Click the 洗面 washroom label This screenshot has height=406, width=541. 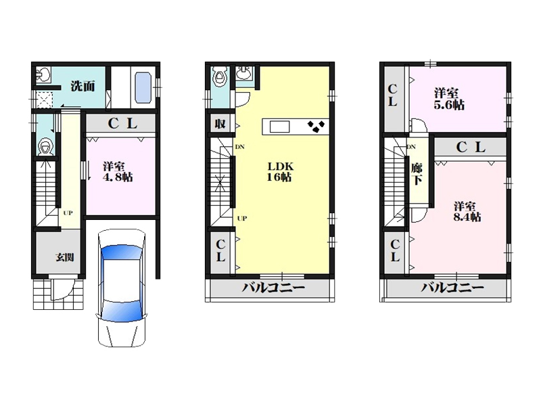(x=83, y=86)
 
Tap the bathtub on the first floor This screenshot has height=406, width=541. (x=143, y=87)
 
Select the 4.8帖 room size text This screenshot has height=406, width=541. (x=118, y=177)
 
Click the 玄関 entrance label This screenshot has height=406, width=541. (x=64, y=257)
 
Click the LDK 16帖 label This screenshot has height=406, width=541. (x=281, y=172)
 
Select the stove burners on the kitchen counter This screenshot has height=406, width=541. (x=316, y=127)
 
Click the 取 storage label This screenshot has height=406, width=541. (x=220, y=124)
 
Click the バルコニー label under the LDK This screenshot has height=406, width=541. (x=273, y=288)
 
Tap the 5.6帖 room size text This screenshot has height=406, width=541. (x=449, y=105)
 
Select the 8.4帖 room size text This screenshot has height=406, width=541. (x=467, y=217)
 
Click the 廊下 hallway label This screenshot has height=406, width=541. (x=417, y=174)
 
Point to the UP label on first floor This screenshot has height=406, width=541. (x=68, y=213)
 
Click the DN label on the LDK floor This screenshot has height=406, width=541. (x=240, y=147)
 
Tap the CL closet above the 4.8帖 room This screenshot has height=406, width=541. (x=122, y=123)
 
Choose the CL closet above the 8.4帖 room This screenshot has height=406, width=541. (x=471, y=148)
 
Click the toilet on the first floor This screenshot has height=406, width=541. (x=46, y=147)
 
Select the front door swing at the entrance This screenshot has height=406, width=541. (x=62, y=290)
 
